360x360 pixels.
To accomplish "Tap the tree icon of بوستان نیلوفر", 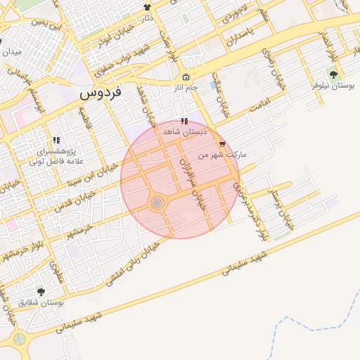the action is click(333, 74).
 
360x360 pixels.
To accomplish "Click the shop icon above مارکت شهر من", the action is click(223, 143).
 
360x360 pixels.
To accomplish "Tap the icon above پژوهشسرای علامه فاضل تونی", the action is click(56, 140).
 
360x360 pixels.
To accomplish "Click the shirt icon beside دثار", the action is click(147, 7).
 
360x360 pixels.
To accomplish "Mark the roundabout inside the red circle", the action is click(157, 202).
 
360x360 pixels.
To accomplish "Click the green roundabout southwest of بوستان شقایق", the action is click(20, 340).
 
